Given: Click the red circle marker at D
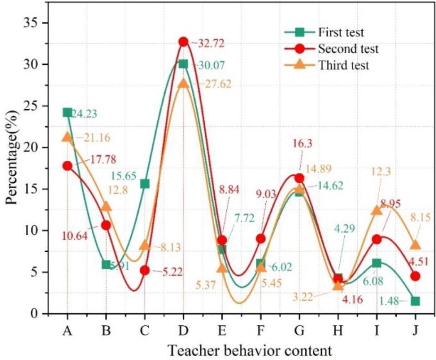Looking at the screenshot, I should tap(183, 42).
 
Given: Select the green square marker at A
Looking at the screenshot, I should tap(67, 113).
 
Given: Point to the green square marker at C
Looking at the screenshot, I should tap(144, 183).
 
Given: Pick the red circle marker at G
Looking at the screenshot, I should tap(299, 178).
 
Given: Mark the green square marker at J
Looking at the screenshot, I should tap(415, 301).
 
